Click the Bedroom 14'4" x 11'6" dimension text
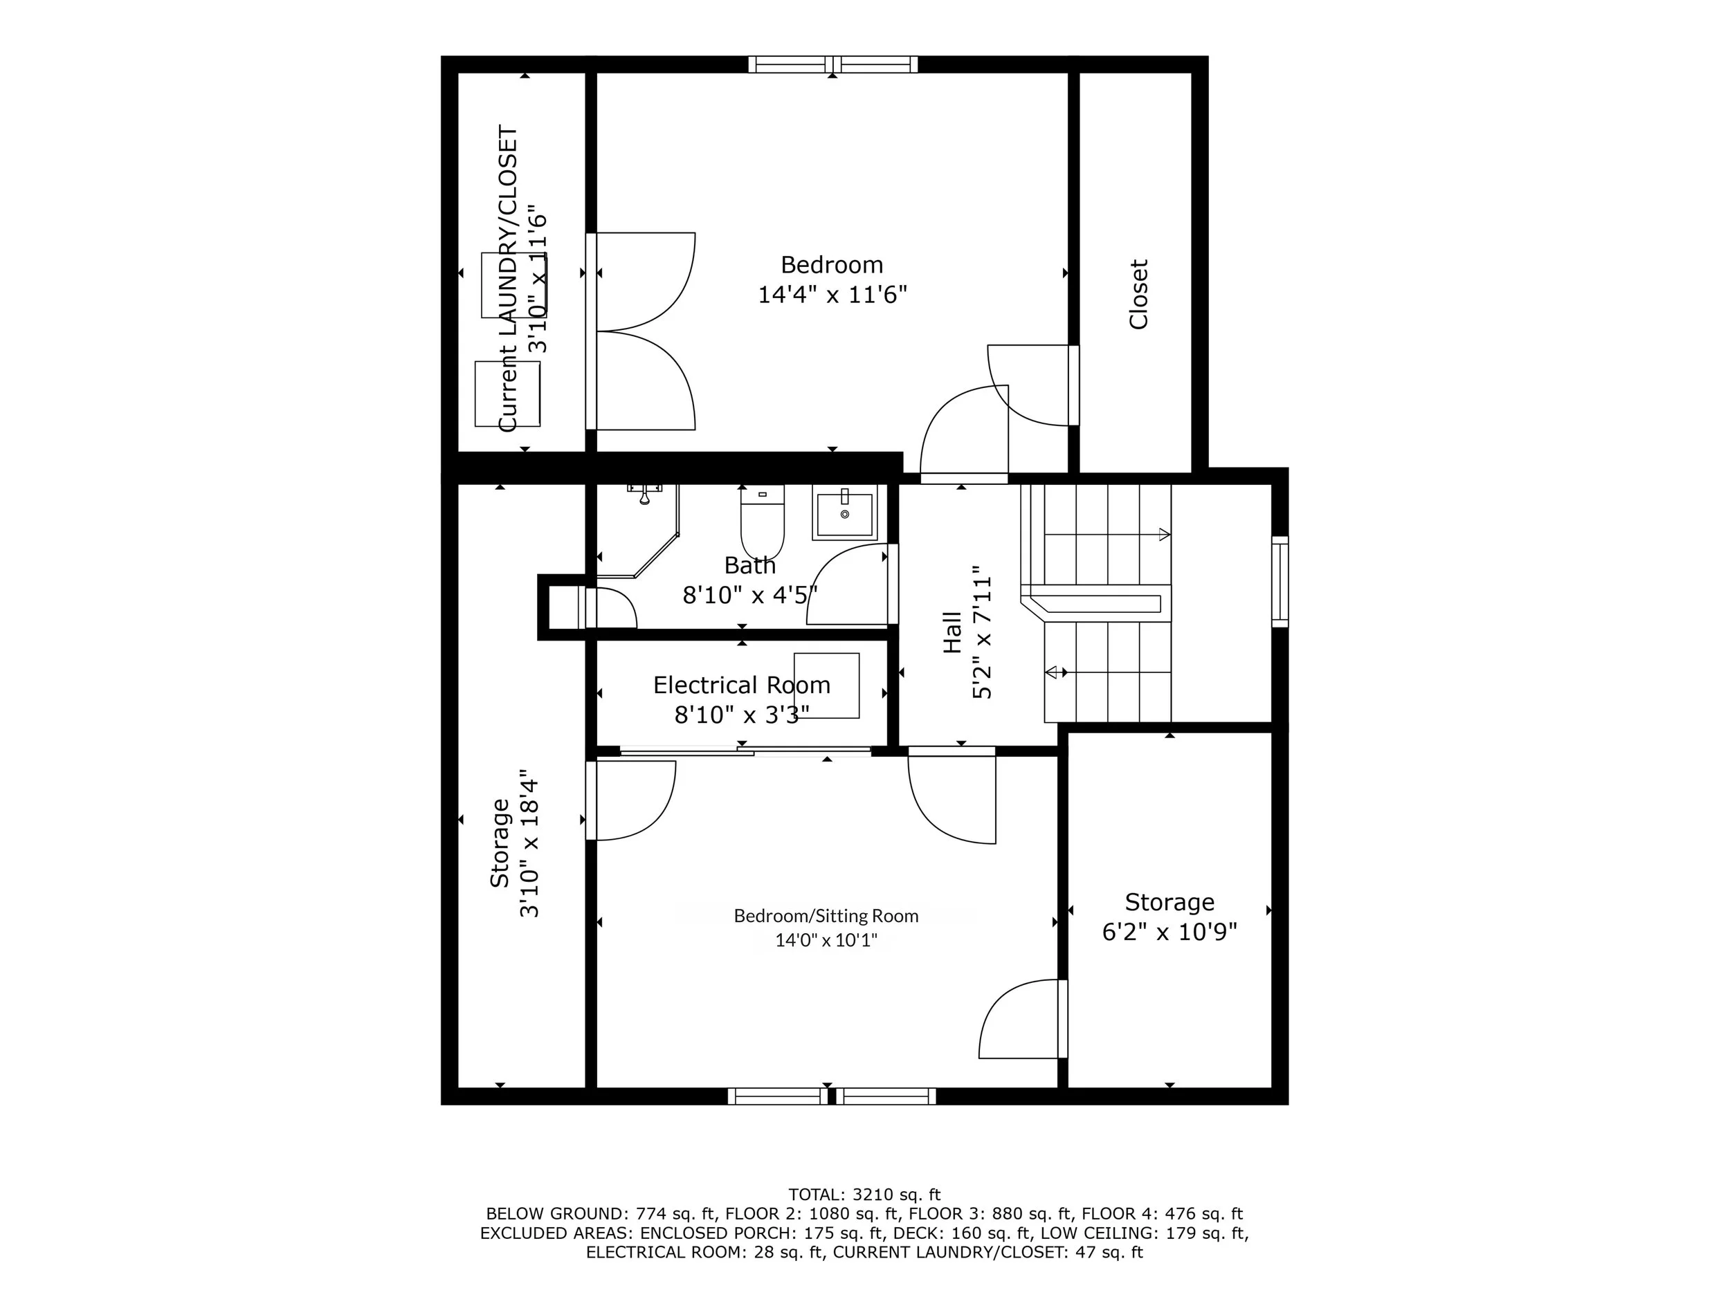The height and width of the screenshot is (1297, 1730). [x=832, y=295]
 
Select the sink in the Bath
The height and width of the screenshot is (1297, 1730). [x=845, y=512]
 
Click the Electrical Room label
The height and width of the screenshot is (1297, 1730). [x=741, y=685]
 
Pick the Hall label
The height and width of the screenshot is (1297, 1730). [x=951, y=632]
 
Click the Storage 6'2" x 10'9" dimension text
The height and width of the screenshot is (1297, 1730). [x=1169, y=932]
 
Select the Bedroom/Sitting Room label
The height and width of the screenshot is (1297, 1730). [x=826, y=915]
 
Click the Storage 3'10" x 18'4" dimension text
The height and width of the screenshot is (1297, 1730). [x=529, y=842]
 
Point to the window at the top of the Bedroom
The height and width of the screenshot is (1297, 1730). [x=833, y=64]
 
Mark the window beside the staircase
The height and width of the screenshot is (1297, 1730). [x=1280, y=582]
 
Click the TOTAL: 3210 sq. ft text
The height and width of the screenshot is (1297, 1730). [x=864, y=1195]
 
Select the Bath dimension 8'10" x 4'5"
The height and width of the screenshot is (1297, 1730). [x=750, y=595]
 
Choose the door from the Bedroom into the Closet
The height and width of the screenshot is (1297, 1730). [x=1033, y=385]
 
